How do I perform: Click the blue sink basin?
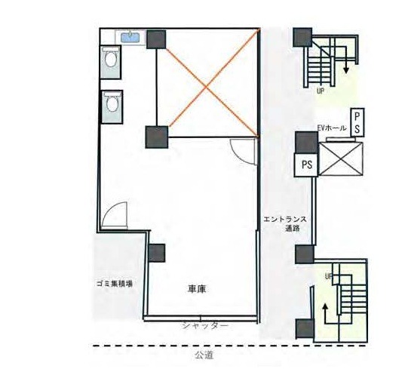click(130, 38)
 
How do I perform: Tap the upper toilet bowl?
click(111, 59)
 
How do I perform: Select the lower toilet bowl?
click(112, 104)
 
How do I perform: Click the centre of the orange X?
click(206, 87)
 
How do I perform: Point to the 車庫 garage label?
click(197, 289)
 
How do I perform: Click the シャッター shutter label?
click(204, 326)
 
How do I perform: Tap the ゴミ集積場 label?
click(115, 284)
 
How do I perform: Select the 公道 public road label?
click(204, 355)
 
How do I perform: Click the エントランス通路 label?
click(285, 223)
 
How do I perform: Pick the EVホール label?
click(332, 128)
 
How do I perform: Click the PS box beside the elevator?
click(306, 164)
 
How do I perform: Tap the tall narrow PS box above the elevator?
click(358, 123)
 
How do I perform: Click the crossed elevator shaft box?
click(341, 159)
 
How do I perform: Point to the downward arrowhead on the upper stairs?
click(345, 70)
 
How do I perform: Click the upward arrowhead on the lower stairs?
click(324, 307)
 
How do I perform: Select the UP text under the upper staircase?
click(320, 91)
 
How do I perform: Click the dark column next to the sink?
click(156, 39)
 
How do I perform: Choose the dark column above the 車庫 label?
click(157, 253)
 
